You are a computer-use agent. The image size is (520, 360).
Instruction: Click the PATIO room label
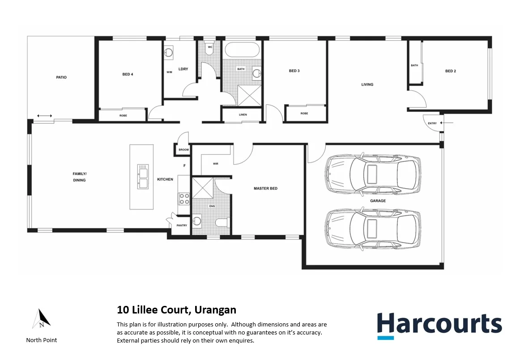tap(61, 77)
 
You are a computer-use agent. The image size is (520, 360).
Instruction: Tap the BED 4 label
tap(128, 74)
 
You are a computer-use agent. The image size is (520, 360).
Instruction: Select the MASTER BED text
tap(265, 188)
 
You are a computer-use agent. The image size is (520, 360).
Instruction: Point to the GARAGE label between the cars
tap(378, 201)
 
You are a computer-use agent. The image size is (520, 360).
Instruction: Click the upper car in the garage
tap(373, 173)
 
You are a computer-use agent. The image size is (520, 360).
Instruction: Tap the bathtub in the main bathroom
tap(241, 50)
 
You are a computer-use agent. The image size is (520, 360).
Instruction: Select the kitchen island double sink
tap(143, 177)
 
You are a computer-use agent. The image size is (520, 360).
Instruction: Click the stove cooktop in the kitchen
tap(184, 199)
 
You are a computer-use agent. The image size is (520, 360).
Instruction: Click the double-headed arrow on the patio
tap(44, 116)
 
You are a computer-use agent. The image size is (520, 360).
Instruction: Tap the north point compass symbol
tap(42, 319)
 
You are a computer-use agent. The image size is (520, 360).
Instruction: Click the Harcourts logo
tap(439, 325)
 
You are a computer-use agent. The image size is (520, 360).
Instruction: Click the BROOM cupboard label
tap(183, 150)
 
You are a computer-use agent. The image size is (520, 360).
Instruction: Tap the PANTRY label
tap(182, 225)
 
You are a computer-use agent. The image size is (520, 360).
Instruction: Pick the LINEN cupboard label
tap(243, 115)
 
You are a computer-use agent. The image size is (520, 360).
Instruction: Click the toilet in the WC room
tap(209, 49)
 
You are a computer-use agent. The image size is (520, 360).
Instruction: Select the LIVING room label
tap(367, 85)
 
